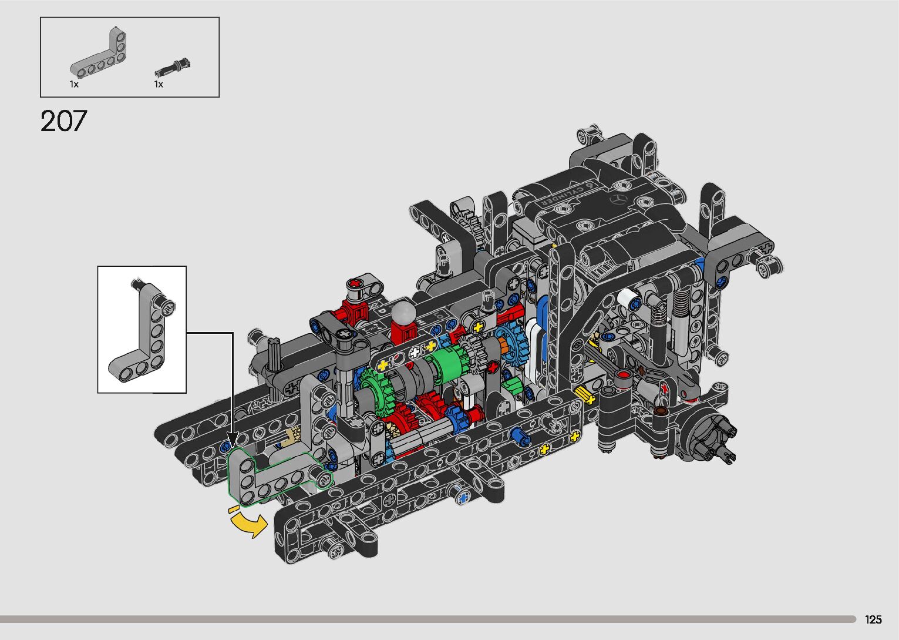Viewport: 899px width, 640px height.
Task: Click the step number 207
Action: pos(63,120)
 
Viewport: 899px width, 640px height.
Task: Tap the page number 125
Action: pos(873,619)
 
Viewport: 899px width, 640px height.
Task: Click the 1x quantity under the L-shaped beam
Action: pos(74,84)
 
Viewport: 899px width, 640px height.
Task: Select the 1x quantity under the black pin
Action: pos(159,84)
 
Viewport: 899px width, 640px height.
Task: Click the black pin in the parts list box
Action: pos(173,68)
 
